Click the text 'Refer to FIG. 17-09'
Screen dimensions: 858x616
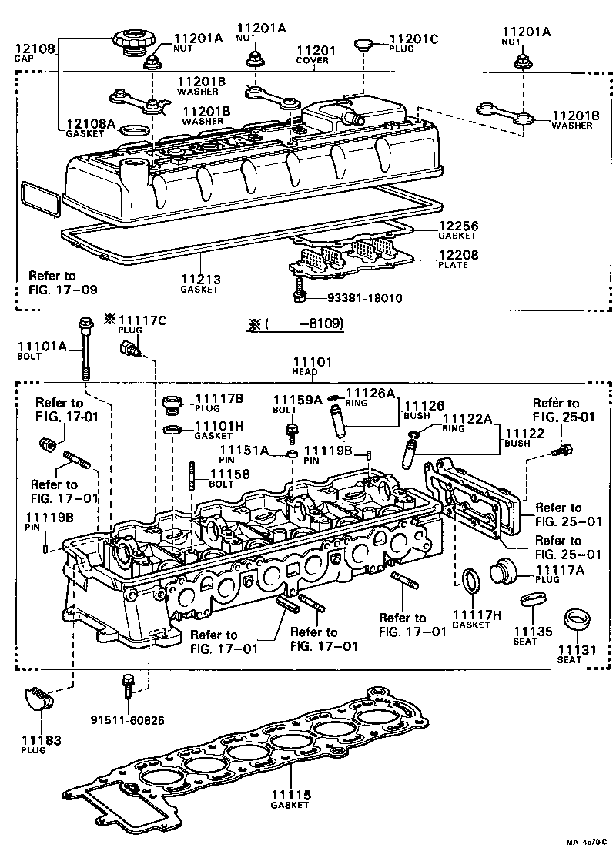(52, 283)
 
